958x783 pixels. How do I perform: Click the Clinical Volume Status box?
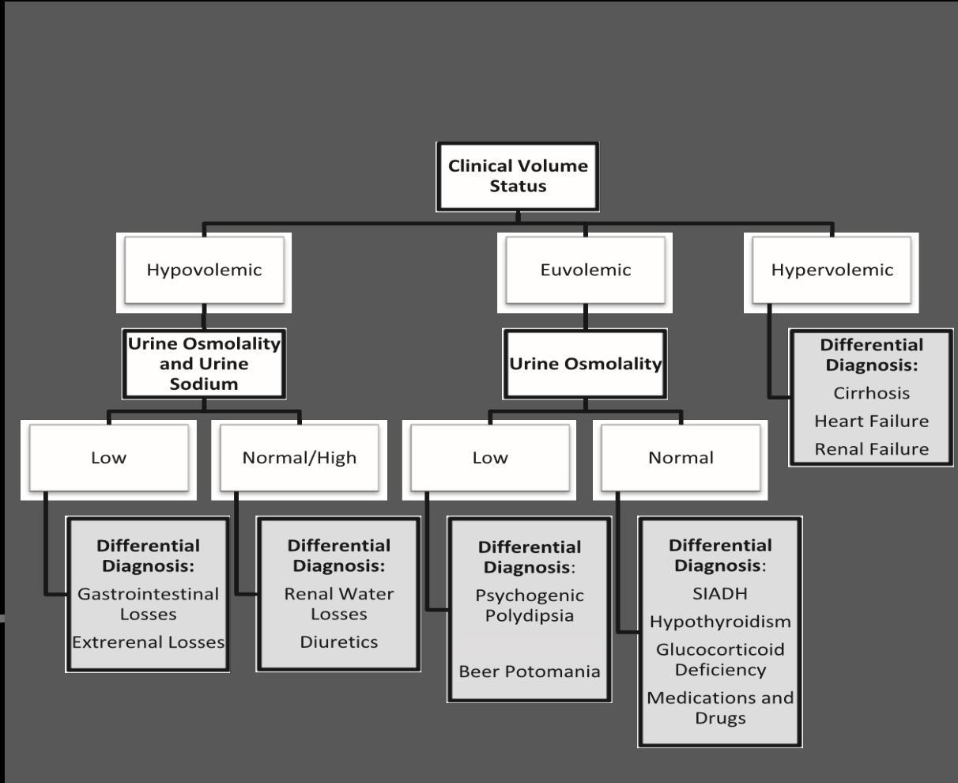(x=518, y=176)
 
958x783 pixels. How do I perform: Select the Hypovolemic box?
(x=204, y=270)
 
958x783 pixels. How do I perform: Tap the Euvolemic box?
(x=586, y=270)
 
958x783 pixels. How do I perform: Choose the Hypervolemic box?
(x=832, y=270)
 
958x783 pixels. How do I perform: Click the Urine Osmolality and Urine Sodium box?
(x=204, y=364)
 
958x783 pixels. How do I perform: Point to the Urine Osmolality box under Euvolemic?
(x=586, y=364)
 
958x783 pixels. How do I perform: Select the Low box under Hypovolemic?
(x=108, y=458)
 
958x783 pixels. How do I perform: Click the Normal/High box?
(x=300, y=458)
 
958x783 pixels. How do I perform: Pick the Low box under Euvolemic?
(x=490, y=458)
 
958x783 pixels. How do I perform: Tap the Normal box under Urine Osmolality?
(x=681, y=458)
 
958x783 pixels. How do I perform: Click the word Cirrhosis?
(x=871, y=393)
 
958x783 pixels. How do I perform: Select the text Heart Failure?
(x=871, y=421)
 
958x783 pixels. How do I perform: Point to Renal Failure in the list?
(x=871, y=449)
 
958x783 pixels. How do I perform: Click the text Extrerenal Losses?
(x=148, y=642)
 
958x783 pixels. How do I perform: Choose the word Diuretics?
(x=338, y=642)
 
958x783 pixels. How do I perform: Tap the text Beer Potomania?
(x=530, y=671)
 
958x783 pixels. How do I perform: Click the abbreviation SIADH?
(x=720, y=593)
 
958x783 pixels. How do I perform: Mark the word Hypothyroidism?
(x=720, y=622)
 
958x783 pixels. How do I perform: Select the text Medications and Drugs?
(x=720, y=708)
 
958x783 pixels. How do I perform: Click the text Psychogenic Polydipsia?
(x=530, y=606)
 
